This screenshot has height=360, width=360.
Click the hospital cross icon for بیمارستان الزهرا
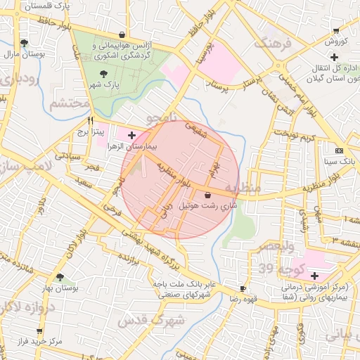tap(131, 134)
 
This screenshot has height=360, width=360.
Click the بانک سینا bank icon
tap(340, 150)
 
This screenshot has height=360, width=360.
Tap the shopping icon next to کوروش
tap(336, 30)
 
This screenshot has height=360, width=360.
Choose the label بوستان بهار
tap(60, 288)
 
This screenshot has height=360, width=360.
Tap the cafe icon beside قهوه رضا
tap(243, 288)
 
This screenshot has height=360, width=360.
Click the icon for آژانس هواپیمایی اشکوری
tap(122, 34)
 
